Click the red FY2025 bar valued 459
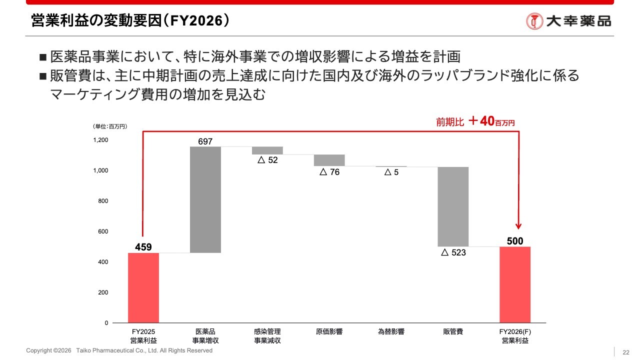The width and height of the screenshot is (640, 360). pos(143,287)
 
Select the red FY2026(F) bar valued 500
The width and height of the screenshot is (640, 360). pos(515,284)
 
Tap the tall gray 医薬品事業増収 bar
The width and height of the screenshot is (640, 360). pos(205,199)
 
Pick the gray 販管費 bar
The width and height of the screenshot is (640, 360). pos(453,206)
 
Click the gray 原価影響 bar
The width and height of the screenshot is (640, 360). pos(329,160)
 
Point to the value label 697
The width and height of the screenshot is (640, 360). pos(205,141)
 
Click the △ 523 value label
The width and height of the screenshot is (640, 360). pos(453,253)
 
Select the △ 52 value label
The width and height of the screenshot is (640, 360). pos(267,160)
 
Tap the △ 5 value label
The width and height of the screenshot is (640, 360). pos(391,172)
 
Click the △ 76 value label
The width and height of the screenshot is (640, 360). pos(329,172)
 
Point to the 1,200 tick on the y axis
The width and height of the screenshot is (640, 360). pos(100,140)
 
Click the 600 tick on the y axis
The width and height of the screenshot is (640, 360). pos(102,231)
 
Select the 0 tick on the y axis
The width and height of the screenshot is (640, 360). pos(106,323)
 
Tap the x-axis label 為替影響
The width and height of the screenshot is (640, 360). pos(391,331)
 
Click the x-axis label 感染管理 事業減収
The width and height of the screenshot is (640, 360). pos(267,336)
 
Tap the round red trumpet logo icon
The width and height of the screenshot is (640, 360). pos(534,21)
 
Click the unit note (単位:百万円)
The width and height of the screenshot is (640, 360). pos(110,126)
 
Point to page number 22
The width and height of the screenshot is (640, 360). pos(625,351)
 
